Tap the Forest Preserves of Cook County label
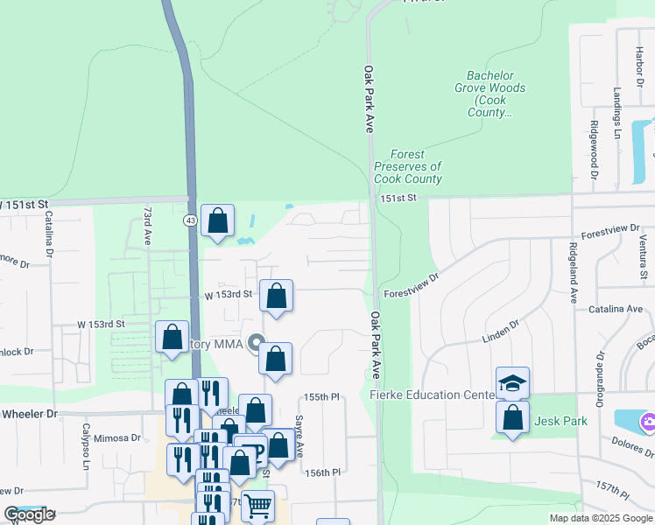[x=407, y=166]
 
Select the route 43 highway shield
[x=190, y=220]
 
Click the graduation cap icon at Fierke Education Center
[x=512, y=383]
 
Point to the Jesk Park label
[x=563, y=421]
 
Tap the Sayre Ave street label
[x=299, y=437]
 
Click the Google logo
[x=30, y=514]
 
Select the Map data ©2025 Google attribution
[x=600, y=518]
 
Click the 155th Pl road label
[x=322, y=397]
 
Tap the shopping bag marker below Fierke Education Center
[x=512, y=417]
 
